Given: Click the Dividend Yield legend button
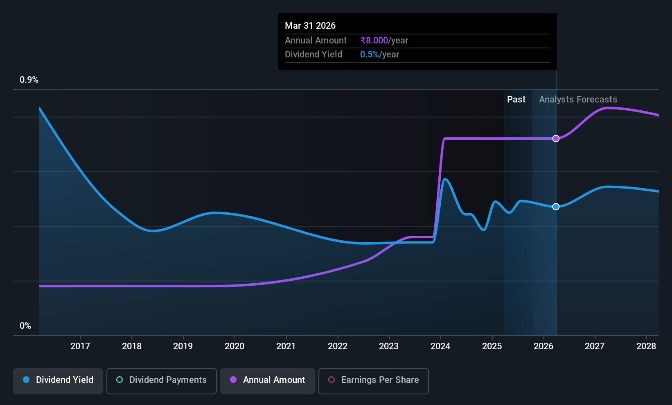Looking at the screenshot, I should [x=58, y=380].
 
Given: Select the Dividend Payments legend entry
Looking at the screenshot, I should [x=162, y=380].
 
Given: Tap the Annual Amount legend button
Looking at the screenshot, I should [x=268, y=380].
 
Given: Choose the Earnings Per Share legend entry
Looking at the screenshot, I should [x=373, y=380].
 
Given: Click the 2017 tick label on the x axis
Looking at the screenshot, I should [x=80, y=346].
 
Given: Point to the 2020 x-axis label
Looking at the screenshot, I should [x=235, y=346].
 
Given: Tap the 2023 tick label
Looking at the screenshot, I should [x=389, y=346].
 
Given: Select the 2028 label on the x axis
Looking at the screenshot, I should [x=646, y=346].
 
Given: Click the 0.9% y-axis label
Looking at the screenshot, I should [x=29, y=80].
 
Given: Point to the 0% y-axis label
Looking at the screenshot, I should [x=25, y=326].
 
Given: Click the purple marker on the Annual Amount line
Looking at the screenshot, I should [x=556, y=139].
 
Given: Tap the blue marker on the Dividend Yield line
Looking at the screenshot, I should [x=556, y=207].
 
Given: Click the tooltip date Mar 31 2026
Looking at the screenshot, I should [x=310, y=26].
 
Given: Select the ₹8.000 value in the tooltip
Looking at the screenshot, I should [x=374, y=41].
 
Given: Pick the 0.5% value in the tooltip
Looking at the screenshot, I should [x=370, y=55].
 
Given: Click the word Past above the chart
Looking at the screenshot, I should [x=516, y=100].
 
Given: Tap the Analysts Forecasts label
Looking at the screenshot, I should [x=578, y=100].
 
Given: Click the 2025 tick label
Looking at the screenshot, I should [x=492, y=346].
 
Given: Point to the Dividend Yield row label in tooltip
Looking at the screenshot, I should [x=313, y=55].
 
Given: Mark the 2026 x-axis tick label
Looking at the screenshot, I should [x=543, y=346].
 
